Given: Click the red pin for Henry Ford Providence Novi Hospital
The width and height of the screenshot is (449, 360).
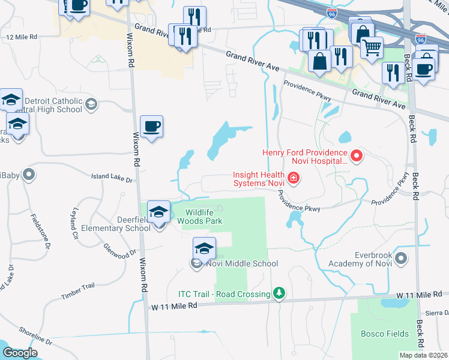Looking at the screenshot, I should (357, 157).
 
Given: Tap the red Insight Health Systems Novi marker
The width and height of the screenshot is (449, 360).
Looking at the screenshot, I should (293, 178).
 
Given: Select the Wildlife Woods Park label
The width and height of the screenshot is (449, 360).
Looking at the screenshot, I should (204, 217).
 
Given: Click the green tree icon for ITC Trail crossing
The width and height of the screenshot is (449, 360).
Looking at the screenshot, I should (279, 293).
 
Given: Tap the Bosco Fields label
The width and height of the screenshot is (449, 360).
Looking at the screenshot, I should (384, 333).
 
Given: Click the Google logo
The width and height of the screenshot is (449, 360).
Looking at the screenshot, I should (20, 353).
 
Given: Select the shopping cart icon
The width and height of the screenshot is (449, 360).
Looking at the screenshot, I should (372, 46).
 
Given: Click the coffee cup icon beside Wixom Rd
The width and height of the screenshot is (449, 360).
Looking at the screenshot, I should (151, 127).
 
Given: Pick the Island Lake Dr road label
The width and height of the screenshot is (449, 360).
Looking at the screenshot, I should (111, 178).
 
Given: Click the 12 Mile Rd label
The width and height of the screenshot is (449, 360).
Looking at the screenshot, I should (21, 37).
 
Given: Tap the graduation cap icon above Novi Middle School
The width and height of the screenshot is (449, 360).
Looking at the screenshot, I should (204, 248).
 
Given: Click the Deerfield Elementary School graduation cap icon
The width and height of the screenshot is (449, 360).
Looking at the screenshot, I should (158, 212).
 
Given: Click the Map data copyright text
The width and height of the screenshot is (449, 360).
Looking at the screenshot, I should (423, 355).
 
